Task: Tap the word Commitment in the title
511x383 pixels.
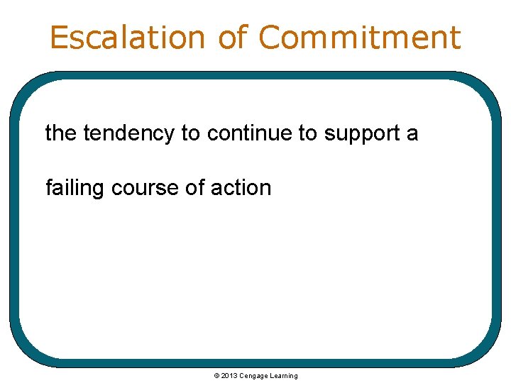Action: [x=360, y=37]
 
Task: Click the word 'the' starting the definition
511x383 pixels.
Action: [x=61, y=133]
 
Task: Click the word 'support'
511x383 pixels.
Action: [x=363, y=134]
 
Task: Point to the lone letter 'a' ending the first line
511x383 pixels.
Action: [x=412, y=134]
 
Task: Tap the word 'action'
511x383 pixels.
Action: [x=243, y=188]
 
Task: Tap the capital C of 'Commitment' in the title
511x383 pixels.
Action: [x=273, y=37]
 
